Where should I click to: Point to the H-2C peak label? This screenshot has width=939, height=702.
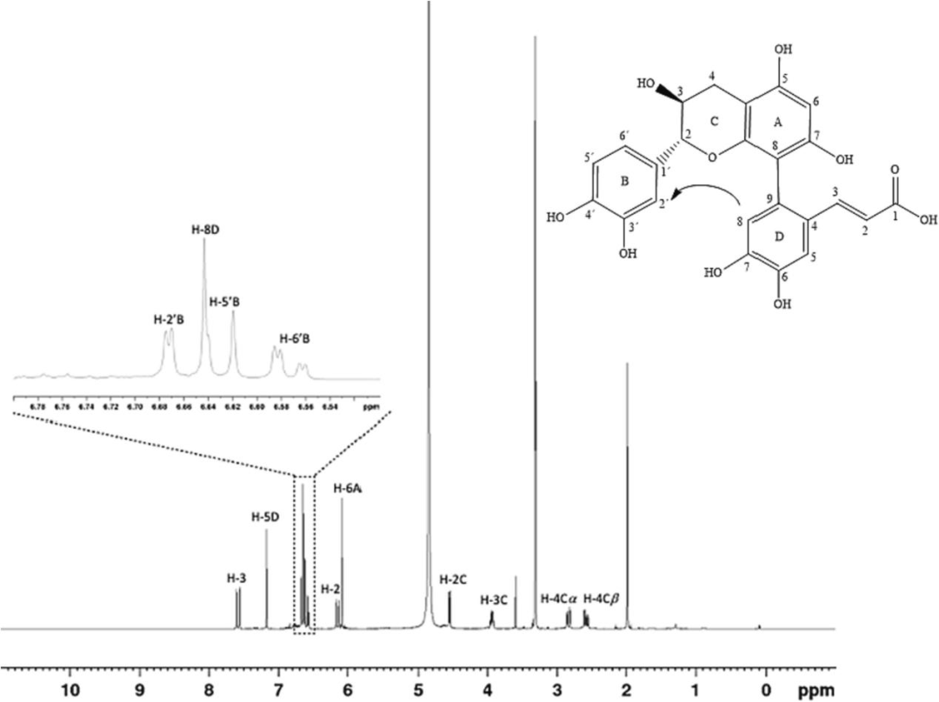tap(454, 579)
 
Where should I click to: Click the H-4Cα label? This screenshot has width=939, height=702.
tap(558, 598)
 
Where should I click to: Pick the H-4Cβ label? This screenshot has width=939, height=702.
tap(601, 598)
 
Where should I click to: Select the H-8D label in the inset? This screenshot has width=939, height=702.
tap(205, 231)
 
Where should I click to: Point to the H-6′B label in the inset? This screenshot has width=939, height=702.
tap(296, 338)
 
